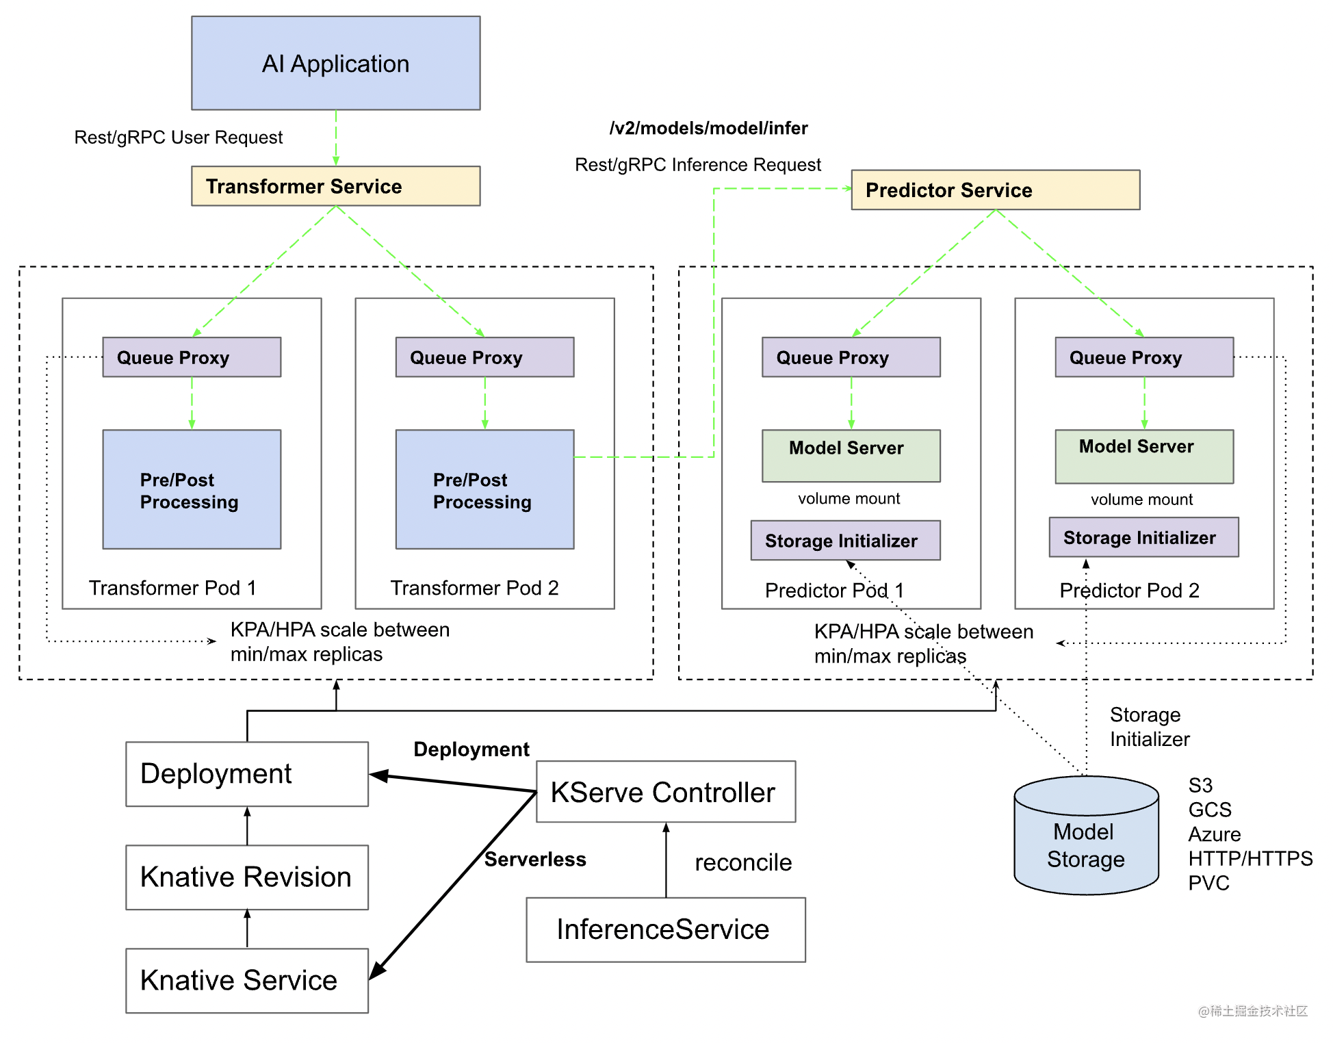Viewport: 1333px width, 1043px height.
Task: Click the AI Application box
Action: click(x=335, y=63)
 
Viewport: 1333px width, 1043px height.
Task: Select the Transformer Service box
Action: click(x=335, y=186)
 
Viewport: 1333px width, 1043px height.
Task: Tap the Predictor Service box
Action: click(x=995, y=190)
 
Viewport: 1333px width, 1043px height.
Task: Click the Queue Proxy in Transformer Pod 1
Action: click(x=192, y=357)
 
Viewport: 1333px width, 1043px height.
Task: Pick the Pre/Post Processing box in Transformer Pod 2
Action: click(x=484, y=489)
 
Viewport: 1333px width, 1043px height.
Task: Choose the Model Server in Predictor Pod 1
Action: click(x=851, y=455)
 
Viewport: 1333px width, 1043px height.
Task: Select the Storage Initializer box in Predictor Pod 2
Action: click(x=1143, y=537)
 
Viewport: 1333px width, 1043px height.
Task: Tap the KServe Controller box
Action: click(x=665, y=792)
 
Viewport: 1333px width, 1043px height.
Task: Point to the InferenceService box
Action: click(x=665, y=929)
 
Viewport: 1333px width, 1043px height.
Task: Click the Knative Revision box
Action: click(x=246, y=877)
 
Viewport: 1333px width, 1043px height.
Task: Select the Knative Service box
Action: click(x=246, y=980)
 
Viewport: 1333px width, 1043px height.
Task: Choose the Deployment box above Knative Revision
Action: click(x=246, y=774)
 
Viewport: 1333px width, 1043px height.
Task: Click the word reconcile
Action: click(x=743, y=862)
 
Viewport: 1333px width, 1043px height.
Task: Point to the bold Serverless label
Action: click(x=535, y=859)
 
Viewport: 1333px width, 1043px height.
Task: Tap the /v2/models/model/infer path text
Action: click(x=708, y=128)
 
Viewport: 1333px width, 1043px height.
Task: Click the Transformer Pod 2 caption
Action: click(x=474, y=588)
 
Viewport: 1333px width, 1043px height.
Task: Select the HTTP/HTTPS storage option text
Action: click(x=1250, y=858)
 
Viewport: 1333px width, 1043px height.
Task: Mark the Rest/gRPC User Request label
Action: click(x=178, y=138)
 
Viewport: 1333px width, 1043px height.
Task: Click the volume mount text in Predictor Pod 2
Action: click(x=1141, y=500)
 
